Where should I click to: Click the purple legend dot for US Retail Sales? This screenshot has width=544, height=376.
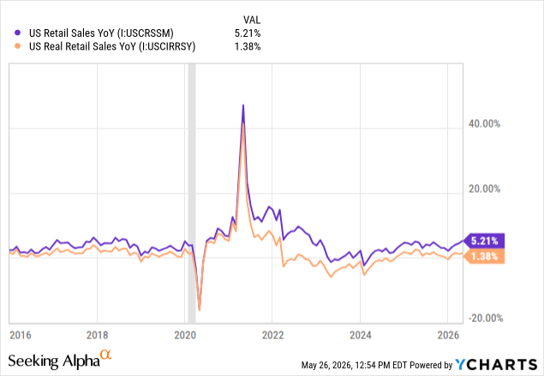point(17,33)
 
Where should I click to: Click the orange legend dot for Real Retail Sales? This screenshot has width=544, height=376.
point(17,45)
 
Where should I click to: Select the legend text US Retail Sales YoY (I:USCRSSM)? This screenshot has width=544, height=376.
point(101,33)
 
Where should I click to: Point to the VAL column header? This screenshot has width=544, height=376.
point(252,20)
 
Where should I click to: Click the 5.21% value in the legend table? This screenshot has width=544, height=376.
point(248,33)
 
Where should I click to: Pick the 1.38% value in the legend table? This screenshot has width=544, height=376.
point(248,46)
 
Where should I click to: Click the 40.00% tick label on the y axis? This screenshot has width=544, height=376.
point(484,124)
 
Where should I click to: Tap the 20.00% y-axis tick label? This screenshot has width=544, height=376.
point(484,189)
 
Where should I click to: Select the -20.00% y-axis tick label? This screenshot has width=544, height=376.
point(486,318)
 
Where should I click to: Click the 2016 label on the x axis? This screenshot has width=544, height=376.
point(20,335)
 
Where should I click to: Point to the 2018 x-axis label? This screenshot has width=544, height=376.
point(97,335)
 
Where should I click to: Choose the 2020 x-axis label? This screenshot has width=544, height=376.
point(185,335)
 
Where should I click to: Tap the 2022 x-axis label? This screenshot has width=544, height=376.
point(272,335)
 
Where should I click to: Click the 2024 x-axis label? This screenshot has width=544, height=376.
point(361,335)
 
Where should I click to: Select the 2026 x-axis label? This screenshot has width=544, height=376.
point(448,335)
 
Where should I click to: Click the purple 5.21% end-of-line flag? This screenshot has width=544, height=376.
point(484,241)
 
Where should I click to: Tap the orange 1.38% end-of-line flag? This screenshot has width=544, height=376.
point(484,257)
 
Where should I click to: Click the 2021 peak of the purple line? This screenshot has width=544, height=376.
point(243,104)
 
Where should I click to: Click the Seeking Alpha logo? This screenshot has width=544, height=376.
point(60,360)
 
